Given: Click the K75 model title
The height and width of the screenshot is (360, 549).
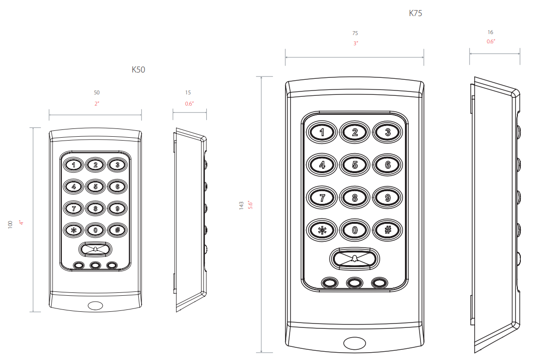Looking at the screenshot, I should coord(415,14).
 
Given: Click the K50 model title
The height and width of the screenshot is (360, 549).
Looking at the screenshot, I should coord(138,70).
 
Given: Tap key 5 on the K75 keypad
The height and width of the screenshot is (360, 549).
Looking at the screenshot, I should coord(354,164).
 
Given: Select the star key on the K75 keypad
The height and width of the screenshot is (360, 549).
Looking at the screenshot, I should coord(321,230).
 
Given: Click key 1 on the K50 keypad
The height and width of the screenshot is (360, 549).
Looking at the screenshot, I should coord(73,165).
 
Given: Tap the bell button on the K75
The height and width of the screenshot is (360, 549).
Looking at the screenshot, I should coord(354,258).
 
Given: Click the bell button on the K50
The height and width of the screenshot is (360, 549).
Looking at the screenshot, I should coord(95,250).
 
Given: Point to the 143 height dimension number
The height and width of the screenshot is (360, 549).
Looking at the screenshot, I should coord(241,206).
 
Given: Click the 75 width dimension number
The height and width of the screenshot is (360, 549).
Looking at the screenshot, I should coord(355,33).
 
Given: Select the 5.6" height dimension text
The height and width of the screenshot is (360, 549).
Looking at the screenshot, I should coord(250,205).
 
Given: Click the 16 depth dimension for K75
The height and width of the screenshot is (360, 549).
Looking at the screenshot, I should coord(490,32).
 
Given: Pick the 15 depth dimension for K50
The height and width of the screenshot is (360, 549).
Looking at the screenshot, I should coord(188,92).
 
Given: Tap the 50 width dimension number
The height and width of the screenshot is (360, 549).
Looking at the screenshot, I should coord(96,92).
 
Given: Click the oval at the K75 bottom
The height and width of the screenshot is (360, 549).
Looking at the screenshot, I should coord(354,343).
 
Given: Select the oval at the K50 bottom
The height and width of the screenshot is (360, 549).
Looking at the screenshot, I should coord(95,306).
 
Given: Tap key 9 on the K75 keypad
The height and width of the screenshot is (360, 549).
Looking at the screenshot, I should coord(387,198).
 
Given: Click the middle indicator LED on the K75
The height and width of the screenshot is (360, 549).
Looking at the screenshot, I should coord(354,283).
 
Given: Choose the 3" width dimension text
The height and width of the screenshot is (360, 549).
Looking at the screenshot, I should coord(355,43).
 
